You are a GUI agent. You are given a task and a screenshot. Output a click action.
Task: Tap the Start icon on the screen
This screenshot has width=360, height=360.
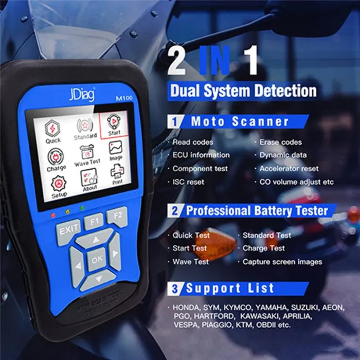[113, 123]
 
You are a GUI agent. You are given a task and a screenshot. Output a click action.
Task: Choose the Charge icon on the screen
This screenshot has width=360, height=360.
[56, 160]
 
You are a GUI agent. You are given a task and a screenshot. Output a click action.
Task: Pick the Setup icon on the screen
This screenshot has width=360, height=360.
[59, 187]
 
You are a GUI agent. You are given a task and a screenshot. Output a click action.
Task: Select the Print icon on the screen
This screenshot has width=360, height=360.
[117, 173]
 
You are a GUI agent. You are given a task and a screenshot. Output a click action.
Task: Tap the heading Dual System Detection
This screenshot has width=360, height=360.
[243, 91]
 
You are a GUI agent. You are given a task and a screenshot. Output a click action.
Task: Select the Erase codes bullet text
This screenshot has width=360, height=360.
[280, 142]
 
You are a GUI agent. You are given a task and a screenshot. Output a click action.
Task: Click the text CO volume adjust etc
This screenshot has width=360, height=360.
[296, 182]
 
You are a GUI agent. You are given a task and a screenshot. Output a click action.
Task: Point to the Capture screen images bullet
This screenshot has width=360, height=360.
[282, 262]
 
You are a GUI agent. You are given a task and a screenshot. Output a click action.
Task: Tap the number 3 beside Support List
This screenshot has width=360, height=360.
[175, 289]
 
